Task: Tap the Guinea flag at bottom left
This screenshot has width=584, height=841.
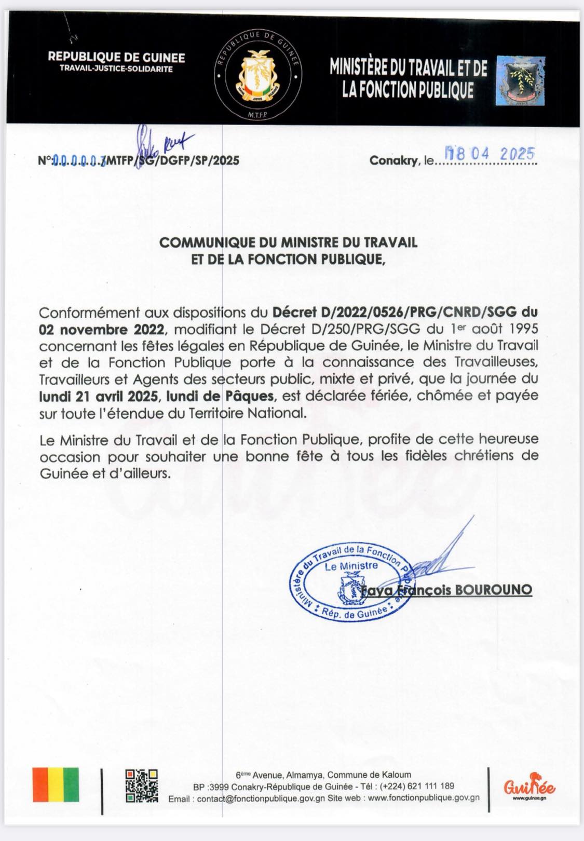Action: (x=56, y=784)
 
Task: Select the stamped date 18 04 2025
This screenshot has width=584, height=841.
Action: (x=491, y=153)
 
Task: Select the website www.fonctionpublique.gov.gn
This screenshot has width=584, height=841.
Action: (x=424, y=798)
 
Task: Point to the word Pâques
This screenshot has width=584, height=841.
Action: (x=253, y=396)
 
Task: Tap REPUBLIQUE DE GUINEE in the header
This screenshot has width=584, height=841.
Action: (x=116, y=57)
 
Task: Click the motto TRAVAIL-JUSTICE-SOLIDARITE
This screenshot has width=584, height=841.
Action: (x=116, y=69)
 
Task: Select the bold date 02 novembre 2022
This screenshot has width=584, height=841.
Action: (x=102, y=329)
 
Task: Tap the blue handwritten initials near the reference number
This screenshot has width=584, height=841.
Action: (x=161, y=141)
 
